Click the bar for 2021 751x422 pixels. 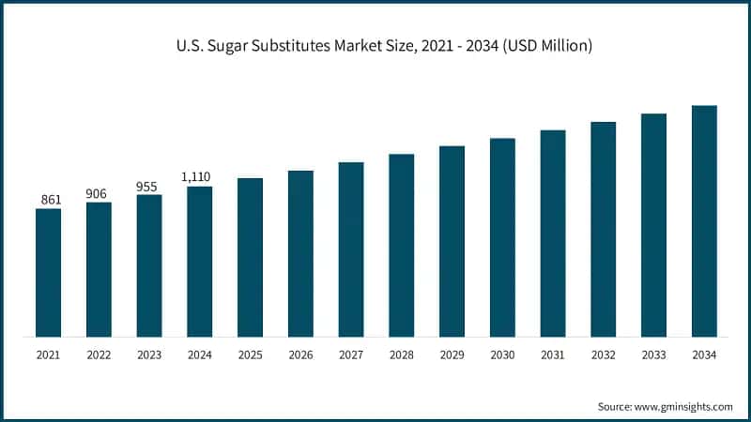[x=48, y=272]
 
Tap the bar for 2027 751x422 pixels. [x=351, y=249]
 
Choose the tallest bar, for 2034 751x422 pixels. [x=704, y=220]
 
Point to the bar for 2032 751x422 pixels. [x=603, y=229]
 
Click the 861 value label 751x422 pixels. [x=49, y=200]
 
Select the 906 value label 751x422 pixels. [x=99, y=193]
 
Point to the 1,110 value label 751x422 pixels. [x=199, y=177]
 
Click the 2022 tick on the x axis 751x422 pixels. [x=99, y=354]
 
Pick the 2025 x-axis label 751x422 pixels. [x=250, y=354]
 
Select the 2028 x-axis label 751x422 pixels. [x=402, y=354]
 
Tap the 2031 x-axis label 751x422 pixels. [x=553, y=354]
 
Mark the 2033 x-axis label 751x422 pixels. [x=653, y=354]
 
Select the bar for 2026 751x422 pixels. [x=300, y=253]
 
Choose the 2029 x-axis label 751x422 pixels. [x=452, y=354]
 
